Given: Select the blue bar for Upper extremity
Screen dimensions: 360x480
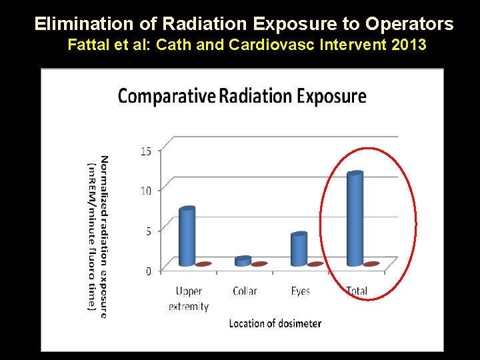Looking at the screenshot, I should tap(187, 237).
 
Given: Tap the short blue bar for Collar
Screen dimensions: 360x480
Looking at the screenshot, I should tap(243, 261).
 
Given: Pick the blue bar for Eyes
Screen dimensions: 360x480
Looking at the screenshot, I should tap(299, 249).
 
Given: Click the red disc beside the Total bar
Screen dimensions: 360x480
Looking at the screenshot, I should tap(372, 264).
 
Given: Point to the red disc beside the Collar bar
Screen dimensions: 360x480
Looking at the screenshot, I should tap(259, 264).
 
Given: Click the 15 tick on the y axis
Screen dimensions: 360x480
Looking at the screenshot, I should tap(145, 151).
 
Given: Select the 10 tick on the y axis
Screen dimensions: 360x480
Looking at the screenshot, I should tap(145, 191).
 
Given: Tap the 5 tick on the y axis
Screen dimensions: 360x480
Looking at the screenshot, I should tap(147, 231).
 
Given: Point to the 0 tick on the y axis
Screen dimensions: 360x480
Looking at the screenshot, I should tap(147, 271).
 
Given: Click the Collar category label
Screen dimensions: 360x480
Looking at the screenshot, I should tap(245, 291).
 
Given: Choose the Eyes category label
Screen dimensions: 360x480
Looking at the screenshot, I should tap(301, 291).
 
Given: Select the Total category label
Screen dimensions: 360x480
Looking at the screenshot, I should tap(357, 291).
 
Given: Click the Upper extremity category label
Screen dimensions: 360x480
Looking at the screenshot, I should tap(189, 299).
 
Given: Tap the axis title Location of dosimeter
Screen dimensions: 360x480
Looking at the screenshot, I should tap(275, 323).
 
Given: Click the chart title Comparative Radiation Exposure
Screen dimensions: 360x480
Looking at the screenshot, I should tap(242, 96).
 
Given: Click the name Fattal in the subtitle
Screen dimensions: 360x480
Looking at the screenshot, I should tap(87, 46).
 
